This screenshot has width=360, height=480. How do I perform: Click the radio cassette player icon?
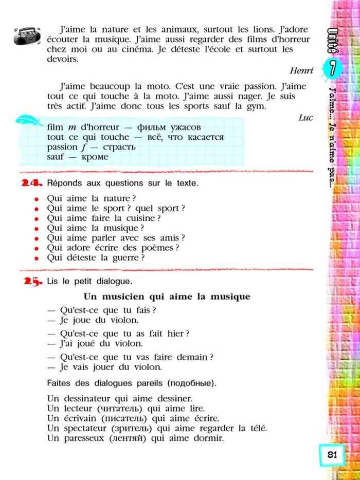click(23, 36)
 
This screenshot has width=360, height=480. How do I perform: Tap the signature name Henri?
click(301, 70)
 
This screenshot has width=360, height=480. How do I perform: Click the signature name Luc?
click(305, 117)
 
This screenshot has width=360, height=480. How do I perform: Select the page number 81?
click(332, 455)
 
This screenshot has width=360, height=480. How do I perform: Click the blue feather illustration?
click(30, 122)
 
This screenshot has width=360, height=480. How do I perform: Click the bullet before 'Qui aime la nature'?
click(37, 199)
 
